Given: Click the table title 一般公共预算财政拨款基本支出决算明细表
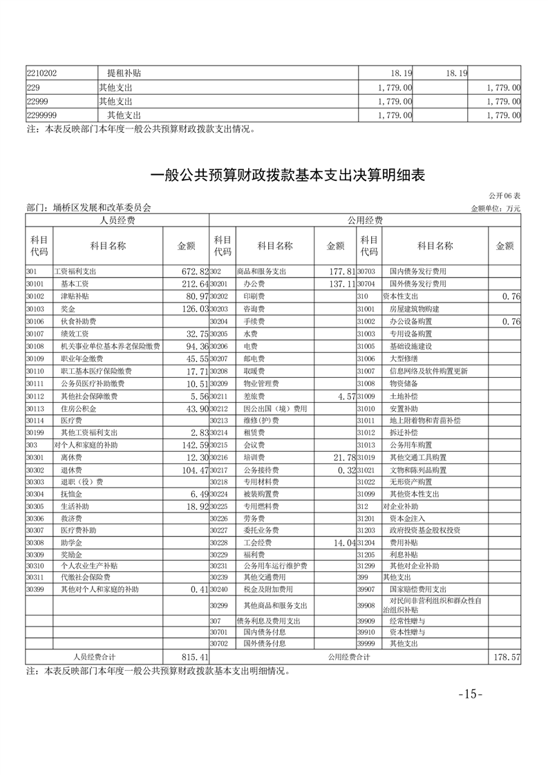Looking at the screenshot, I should [287, 176].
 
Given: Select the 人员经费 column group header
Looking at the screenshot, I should [117, 220].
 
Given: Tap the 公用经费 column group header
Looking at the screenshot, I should [365, 220].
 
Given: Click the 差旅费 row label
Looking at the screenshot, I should [255, 396].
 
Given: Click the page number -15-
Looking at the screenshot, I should [471, 694].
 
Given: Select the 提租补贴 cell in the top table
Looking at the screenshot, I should [124, 73].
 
